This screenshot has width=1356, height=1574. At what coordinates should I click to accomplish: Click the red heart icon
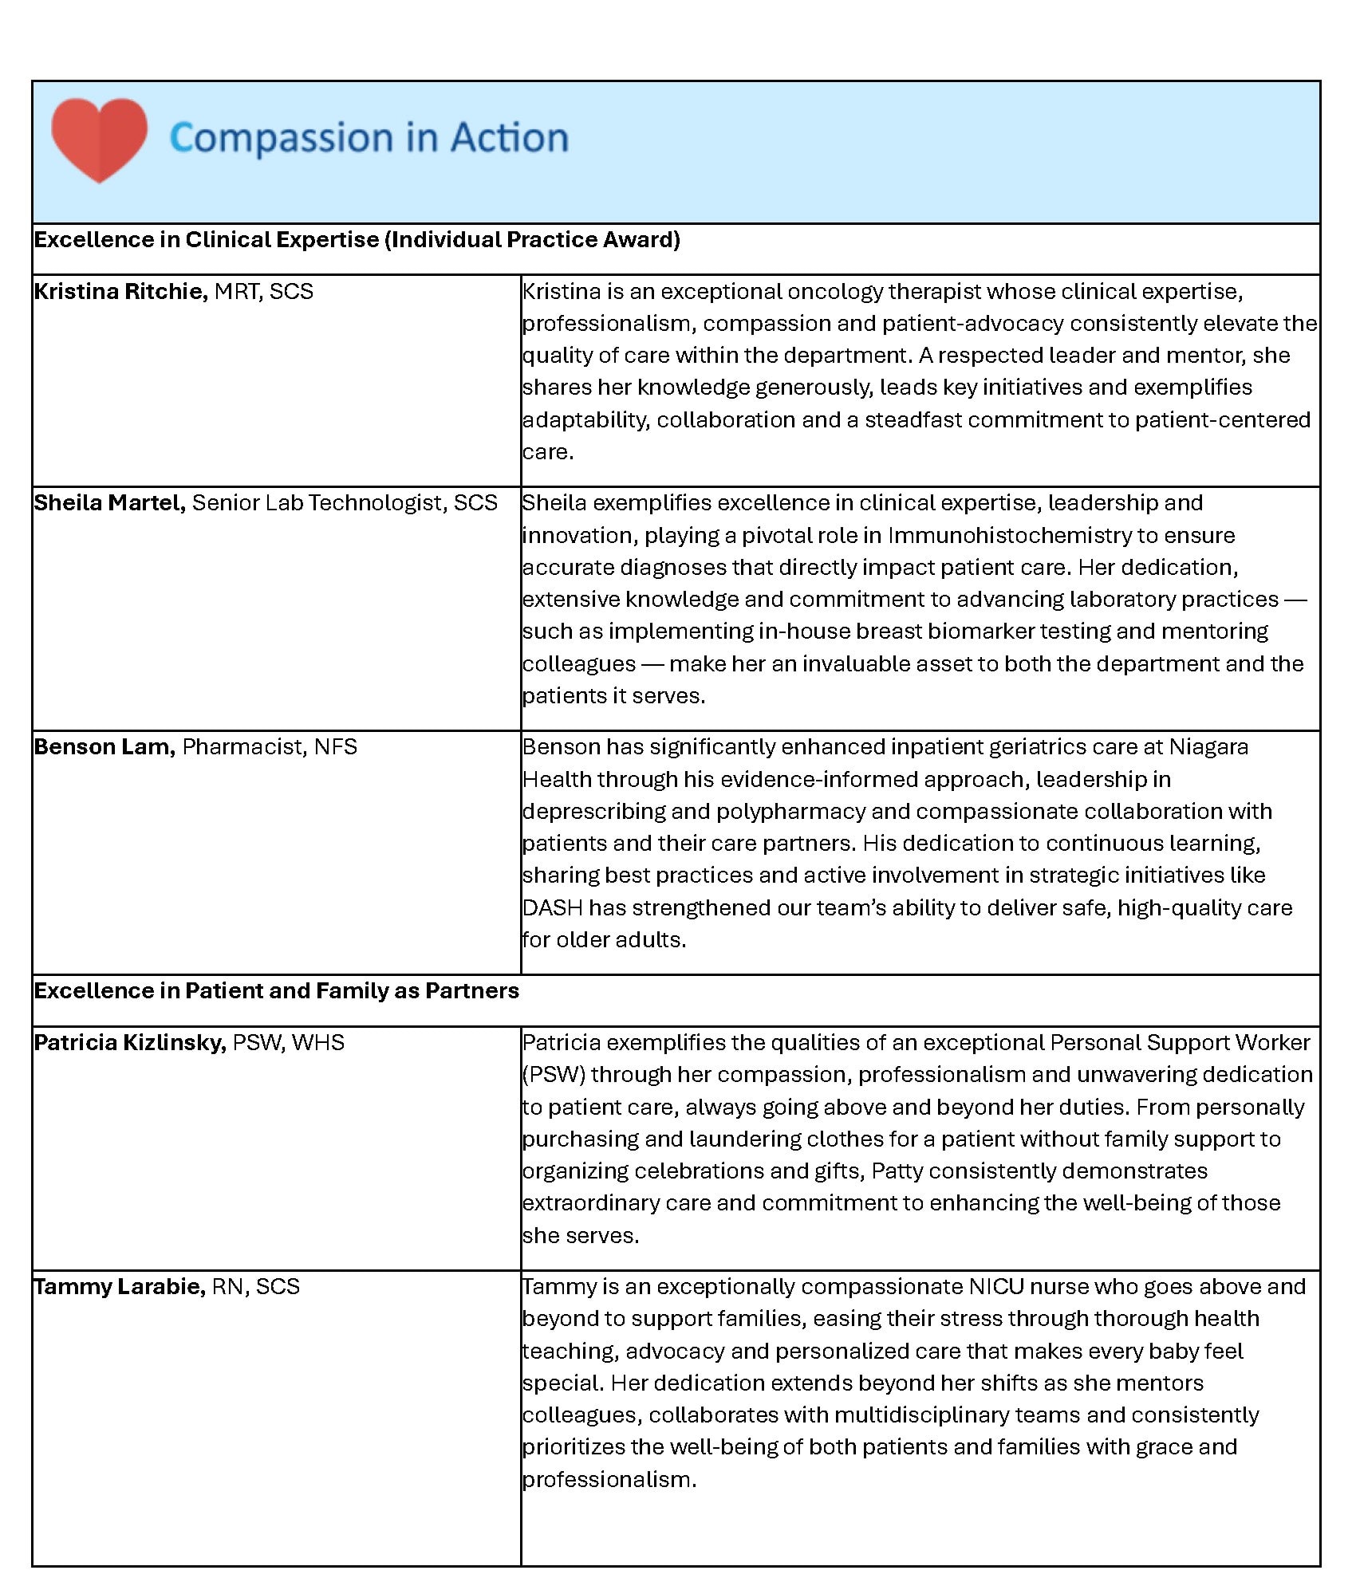click(99, 139)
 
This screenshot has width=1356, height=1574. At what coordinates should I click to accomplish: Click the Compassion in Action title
click(369, 138)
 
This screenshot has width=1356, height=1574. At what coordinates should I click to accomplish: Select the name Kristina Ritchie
click(120, 292)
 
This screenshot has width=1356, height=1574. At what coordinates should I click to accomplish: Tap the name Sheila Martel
click(109, 503)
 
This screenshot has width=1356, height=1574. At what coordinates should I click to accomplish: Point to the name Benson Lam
click(104, 747)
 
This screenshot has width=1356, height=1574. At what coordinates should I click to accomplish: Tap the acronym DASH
click(552, 908)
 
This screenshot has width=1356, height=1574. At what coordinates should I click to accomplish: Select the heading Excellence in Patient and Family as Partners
click(276, 991)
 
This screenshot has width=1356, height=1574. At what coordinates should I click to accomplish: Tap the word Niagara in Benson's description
click(1208, 747)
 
